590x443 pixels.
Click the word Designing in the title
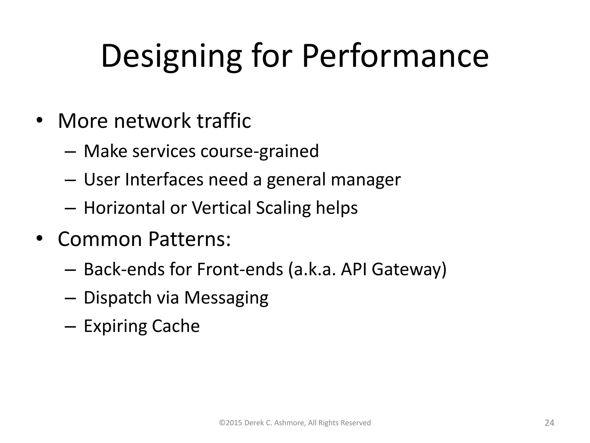[x=171, y=56]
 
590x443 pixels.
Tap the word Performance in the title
[x=395, y=56]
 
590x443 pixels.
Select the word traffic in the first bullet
[x=224, y=121]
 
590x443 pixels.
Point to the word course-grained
[x=260, y=151]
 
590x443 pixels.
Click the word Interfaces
[x=164, y=179]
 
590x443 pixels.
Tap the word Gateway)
[x=409, y=270]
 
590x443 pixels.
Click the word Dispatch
[x=118, y=298]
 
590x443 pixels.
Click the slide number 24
[x=549, y=423]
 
